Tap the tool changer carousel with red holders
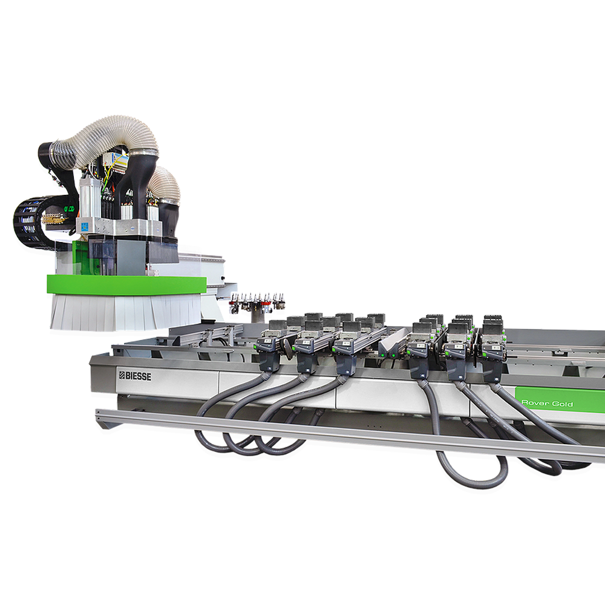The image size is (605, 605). point(257,301)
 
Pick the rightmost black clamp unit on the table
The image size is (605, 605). point(493,351)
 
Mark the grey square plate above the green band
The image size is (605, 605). point(131,257)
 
